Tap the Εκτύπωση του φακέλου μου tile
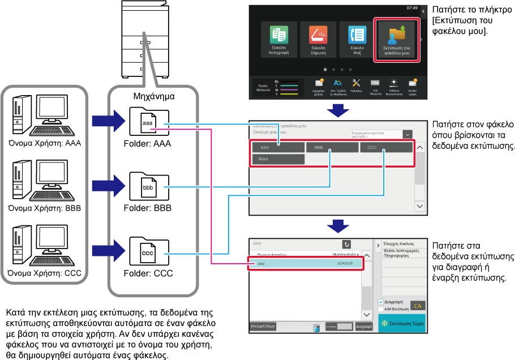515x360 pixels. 396,40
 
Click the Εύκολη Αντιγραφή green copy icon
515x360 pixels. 278,35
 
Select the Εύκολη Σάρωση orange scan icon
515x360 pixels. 318,35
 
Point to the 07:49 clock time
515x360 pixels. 411,8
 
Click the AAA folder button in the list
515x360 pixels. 278,147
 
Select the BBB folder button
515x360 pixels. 332,147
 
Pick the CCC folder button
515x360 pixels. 385,147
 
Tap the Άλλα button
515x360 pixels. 278,159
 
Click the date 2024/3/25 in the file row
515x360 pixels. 344,264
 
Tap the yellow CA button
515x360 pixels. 418,306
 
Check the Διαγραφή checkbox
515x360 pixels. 381,302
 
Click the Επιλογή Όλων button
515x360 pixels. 263,326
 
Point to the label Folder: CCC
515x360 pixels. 148,273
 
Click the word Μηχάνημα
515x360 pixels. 153,96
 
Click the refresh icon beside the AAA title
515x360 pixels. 346,244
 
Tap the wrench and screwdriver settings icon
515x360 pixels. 357,84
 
